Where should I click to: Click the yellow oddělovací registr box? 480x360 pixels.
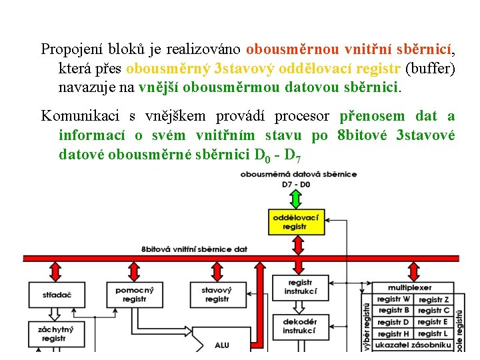(295, 222)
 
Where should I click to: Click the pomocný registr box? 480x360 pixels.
(134, 295)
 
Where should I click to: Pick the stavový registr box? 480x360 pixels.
(217, 295)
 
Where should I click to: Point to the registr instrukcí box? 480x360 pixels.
(300, 287)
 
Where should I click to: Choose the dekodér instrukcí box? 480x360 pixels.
(299, 326)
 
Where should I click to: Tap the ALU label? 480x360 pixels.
(222, 345)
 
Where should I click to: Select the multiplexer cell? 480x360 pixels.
(413, 287)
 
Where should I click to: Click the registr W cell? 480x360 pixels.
(394, 299)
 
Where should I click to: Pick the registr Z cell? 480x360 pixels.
(434, 299)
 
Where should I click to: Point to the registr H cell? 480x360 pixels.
(394, 333)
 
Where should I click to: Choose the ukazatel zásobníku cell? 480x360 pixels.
(413, 345)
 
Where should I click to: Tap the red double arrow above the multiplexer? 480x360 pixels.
(413, 270)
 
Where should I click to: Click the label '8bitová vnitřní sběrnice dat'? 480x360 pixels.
(194, 249)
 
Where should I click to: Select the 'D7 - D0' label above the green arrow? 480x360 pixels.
(295, 183)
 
